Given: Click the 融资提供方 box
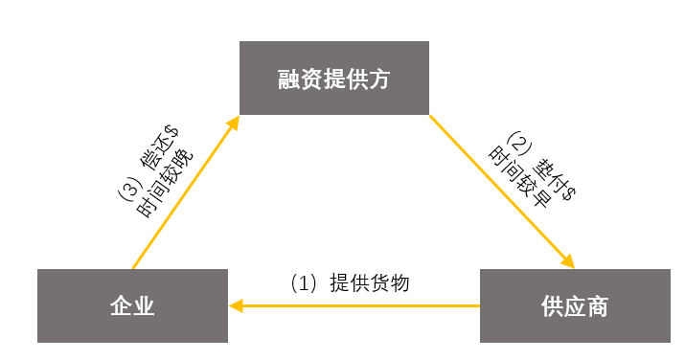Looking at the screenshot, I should (x=333, y=79).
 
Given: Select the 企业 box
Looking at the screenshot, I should (x=132, y=305).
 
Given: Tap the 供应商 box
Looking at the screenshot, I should (x=574, y=305).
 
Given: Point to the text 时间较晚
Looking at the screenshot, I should (x=164, y=184).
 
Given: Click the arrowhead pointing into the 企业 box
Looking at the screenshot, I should (x=237, y=305).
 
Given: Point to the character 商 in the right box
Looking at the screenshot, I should (x=596, y=306).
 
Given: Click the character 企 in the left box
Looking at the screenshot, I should (x=121, y=306).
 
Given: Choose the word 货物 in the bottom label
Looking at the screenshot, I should (x=392, y=283).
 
